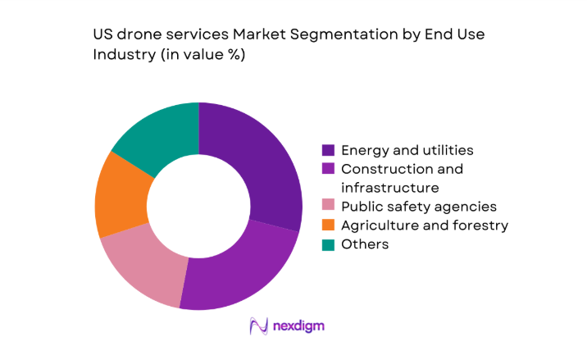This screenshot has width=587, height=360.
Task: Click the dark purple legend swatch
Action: coord(328,150)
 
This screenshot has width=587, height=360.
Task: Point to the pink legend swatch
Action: coord(328,207)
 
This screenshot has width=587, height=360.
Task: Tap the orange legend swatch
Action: coord(328,226)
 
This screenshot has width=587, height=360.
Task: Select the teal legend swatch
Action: coord(328,244)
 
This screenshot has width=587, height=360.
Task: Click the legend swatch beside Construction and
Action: coord(328,169)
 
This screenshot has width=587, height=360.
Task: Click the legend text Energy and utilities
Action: coord(407,150)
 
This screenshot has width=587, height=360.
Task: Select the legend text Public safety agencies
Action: coord(418,207)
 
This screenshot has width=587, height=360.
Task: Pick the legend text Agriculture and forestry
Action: coord(425,226)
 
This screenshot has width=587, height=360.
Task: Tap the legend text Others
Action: coord(365,244)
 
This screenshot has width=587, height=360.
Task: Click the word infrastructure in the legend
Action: coord(390,187)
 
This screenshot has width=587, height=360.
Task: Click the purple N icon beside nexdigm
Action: coord(260,326)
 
